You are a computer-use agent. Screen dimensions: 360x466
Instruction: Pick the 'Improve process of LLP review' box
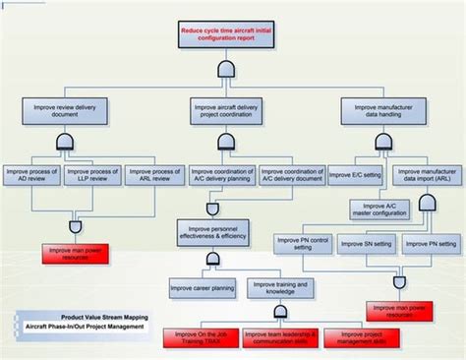tap(92, 175)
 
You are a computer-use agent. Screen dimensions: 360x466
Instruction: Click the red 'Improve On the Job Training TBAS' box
tap(202, 334)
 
